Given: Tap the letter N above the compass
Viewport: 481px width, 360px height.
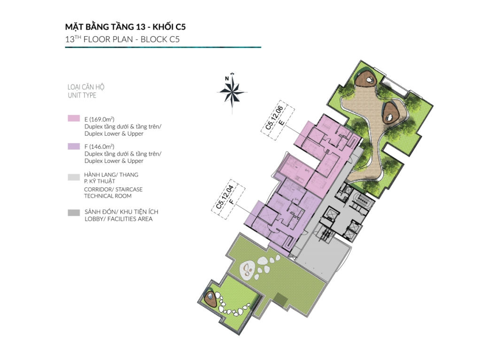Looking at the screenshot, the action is coord(227,78).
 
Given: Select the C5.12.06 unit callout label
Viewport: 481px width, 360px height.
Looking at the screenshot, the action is coord(278,120).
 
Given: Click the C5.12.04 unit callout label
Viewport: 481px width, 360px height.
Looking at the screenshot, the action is coord(228,199).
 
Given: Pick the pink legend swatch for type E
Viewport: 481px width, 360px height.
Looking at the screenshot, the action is coord(74,118).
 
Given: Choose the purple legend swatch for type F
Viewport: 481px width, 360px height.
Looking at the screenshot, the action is coord(74,146).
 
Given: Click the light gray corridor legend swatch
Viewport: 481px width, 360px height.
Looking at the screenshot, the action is coord(74,177).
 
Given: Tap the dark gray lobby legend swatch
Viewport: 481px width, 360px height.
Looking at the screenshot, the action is coord(74,213).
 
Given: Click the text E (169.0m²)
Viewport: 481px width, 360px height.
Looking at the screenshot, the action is coord(100,119).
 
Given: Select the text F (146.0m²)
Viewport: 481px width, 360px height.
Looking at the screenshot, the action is coord(100,146).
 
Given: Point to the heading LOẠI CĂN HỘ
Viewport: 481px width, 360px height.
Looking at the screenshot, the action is coord(86,87).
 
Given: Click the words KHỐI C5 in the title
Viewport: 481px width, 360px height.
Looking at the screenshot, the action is coord(169,27).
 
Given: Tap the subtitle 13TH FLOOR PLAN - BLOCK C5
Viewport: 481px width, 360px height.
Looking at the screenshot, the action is coord(123,39).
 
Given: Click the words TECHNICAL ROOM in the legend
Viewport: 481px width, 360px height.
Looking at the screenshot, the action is coord(108,196).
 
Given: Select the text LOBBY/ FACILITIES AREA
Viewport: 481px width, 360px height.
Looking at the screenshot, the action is coord(118,219).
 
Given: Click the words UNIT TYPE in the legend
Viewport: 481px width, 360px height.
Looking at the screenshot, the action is coord(82,95).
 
